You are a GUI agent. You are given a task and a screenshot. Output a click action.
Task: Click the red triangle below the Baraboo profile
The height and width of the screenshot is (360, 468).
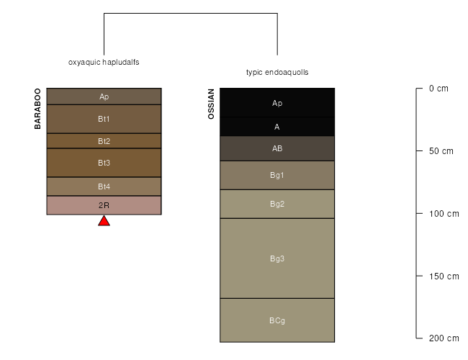(x=104, y=221)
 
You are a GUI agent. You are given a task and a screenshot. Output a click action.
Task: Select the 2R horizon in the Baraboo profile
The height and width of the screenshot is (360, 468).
(x=104, y=205)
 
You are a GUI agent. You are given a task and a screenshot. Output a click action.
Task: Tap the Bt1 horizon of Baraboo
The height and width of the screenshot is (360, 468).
(x=104, y=119)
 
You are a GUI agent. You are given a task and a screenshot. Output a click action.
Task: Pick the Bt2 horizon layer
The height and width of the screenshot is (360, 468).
(x=104, y=141)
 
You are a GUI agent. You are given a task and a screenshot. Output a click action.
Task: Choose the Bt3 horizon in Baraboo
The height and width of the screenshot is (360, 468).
(x=104, y=163)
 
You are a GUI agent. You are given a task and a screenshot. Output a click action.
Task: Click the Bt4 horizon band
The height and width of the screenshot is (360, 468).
(x=104, y=186)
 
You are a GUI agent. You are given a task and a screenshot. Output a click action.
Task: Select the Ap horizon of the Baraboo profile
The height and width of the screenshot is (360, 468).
(x=104, y=96)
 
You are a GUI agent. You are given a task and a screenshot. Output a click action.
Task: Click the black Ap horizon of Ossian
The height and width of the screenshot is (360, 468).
(x=277, y=103)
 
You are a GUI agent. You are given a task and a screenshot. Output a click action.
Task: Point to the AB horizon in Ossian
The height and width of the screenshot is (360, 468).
(x=277, y=149)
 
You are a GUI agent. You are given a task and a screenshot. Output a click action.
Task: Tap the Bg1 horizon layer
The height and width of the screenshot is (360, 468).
(x=277, y=175)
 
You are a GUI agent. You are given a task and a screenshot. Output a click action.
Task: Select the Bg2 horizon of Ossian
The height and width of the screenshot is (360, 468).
(x=277, y=204)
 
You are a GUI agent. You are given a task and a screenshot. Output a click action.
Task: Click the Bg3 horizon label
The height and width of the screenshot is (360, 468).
(x=277, y=258)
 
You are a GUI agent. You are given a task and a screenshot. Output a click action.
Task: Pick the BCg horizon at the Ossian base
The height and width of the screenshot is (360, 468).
(x=277, y=320)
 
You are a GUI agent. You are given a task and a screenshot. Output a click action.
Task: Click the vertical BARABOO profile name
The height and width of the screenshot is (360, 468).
(x=38, y=109)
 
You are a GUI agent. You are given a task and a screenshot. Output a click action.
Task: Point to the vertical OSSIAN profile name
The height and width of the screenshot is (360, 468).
(x=211, y=104)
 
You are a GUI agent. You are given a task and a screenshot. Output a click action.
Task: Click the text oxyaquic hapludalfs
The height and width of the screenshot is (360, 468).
(x=104, y=63)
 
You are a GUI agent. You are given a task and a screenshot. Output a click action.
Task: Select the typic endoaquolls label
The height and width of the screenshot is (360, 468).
(x=277, y=73)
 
